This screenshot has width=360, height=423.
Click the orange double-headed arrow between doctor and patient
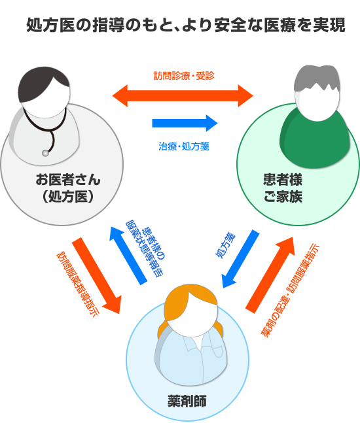point(183,95)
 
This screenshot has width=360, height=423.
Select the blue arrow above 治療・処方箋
point(185,123)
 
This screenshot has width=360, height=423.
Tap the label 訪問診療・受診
point(184,76)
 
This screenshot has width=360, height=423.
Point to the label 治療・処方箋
point(184,146)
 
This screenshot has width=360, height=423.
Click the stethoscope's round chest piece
point(45,153)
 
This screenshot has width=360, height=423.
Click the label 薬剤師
point(187,401)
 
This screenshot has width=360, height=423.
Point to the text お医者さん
point(68,180)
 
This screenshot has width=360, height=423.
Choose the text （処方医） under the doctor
point(68,196)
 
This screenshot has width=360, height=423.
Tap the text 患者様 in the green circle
point(283,180)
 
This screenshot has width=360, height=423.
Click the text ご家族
point(283,196)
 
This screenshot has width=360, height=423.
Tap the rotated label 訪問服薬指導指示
point(78,284)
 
